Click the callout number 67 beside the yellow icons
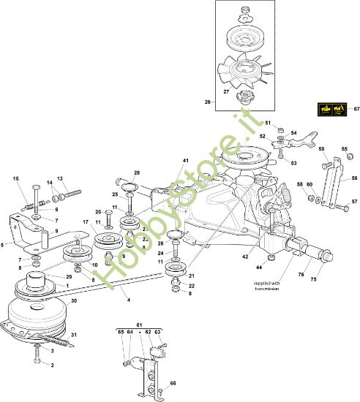point(356,110)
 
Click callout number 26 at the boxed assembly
point(208,102)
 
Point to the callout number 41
point(186,161)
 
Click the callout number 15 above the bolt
point(16,179)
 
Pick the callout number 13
point(61,178)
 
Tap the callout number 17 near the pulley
point(85,221)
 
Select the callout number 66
point(173,384)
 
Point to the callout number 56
point(355,178)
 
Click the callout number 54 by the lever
point(295,133)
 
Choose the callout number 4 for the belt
point(130,300)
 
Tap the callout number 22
point(191,286)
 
